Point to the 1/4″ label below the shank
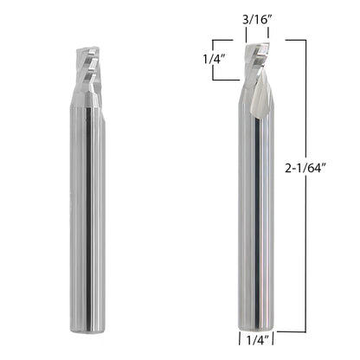[256, 343]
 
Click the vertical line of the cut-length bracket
[213, 60]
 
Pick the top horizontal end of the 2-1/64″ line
[295, 40]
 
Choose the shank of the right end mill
[256, 216]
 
